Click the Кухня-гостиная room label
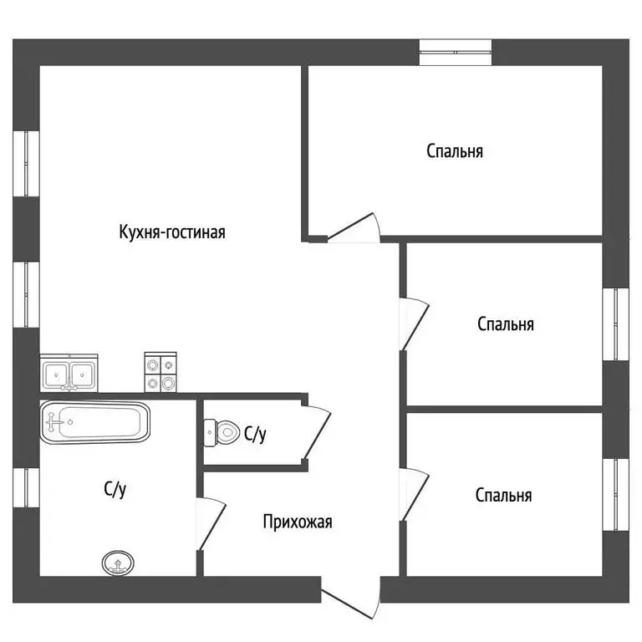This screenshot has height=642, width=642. [172, 232]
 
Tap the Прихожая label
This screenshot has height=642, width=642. [298, 522]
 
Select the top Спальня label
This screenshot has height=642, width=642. [455, 151]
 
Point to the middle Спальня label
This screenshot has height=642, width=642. [505, 324]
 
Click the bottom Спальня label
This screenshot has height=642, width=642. [503, 496]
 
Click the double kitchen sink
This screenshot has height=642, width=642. [69, 374]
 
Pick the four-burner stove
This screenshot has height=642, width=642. [160, 372]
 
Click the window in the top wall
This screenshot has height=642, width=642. [456, 52]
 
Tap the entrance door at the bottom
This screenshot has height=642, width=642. [349, 606]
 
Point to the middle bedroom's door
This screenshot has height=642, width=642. [414, 323]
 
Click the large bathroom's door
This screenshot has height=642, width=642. [212, 523]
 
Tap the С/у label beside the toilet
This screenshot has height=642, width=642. [255, 433]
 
